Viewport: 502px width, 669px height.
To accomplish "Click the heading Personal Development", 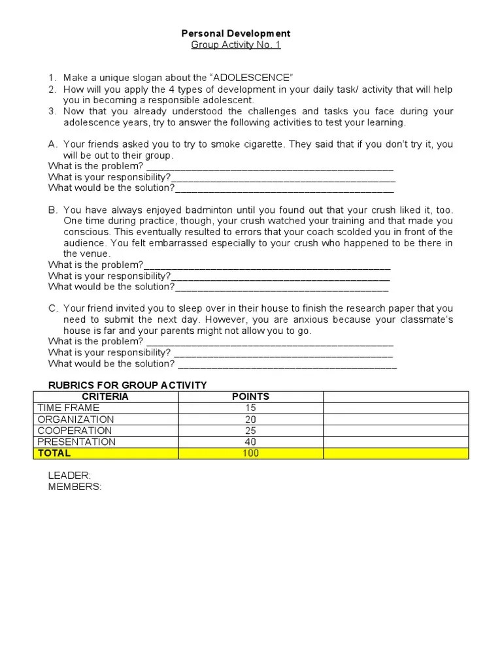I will click(235, 33).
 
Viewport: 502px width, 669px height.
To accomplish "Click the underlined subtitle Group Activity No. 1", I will click(235, 44).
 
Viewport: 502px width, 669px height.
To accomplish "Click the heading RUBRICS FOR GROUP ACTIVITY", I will click(127, 385).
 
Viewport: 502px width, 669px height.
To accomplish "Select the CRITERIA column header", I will click(105, 397).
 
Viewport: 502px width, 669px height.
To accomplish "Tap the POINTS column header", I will click(250, 397).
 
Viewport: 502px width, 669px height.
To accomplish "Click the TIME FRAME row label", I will click(69, 408).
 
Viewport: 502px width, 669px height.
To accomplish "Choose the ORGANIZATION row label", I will click(76, 419).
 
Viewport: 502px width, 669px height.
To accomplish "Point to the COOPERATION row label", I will click(75, 431).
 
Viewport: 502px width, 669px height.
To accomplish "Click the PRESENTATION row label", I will click(76, 442).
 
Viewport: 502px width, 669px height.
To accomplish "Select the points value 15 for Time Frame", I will click(250, 408).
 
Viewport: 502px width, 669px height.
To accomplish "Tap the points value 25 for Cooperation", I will click(250, 431).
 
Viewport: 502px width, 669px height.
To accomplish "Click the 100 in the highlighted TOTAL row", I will click(250, 453).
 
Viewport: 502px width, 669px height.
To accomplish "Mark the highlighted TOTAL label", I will click(54, 453).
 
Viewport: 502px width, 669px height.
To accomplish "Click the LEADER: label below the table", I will click(69, 476).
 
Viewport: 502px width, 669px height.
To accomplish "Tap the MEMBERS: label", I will click(75, 487).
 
